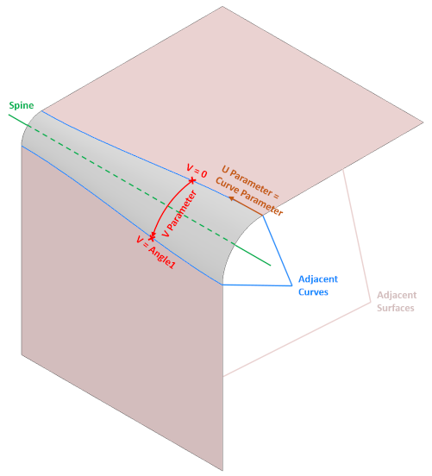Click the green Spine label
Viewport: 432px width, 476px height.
point(22,106)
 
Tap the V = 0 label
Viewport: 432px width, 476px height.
point(197,172)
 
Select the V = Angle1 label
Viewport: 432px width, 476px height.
point(156,252)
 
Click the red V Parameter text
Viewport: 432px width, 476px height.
point(179,213)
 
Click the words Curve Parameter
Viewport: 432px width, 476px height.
point(249,197)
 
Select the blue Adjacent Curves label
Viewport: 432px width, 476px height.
point(318,285)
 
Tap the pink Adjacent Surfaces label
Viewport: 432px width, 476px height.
point(397,301)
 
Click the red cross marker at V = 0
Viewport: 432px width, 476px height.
point(192,181)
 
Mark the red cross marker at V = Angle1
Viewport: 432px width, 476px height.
point(152,237)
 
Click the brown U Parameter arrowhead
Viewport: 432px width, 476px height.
point(231,198)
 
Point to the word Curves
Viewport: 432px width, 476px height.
point(313,291)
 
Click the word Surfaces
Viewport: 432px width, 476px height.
point(396,308)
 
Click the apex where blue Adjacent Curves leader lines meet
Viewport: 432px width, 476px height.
point(291,285)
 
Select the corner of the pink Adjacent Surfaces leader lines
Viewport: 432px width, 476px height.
point(371,302)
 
